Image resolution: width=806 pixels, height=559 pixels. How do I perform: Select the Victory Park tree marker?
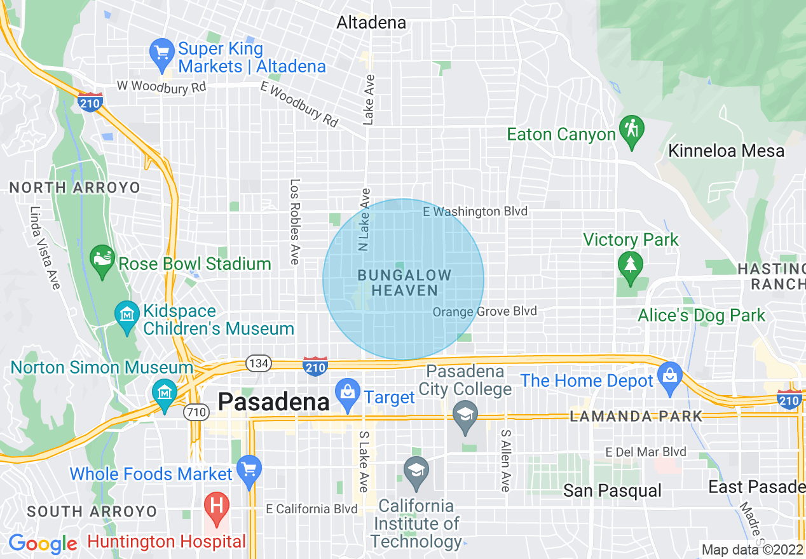point(630,266)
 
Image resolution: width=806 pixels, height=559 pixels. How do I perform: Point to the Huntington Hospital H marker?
point(217,508)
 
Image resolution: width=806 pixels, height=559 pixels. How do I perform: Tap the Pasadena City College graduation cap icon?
point(466,416)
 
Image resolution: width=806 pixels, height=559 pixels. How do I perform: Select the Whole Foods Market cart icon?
point(249,471)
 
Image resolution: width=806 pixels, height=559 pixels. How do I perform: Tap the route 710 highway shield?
point(196,412)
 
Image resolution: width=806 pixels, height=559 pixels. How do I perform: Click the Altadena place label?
point(371,23)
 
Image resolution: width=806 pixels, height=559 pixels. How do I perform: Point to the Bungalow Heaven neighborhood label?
point(404,283)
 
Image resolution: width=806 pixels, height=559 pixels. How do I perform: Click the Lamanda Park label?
point(636,417)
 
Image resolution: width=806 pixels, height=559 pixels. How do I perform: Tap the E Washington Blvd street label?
point(475,212)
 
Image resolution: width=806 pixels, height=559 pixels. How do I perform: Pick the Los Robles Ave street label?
point(294,221)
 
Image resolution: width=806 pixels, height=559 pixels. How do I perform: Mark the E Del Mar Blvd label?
point(646,452)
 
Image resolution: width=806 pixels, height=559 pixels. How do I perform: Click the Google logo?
point(42,544)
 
